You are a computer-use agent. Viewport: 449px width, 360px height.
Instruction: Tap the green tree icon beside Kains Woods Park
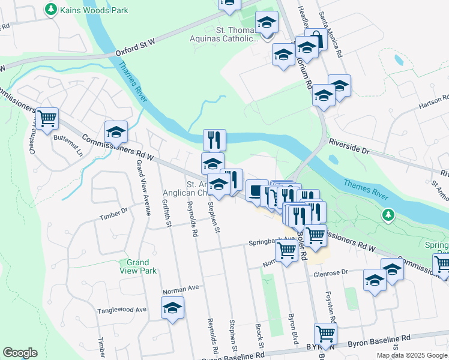[x=51, y=10]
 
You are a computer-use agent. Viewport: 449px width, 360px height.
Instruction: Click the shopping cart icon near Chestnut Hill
[x=47, y=118]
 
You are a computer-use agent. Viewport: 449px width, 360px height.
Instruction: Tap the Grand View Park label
[x=137, y=266]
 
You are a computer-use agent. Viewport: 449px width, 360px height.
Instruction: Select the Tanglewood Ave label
[x=122, y=310]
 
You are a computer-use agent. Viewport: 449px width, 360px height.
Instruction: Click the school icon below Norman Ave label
[x=173, y=308]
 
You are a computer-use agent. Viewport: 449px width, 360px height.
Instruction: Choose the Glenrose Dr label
[x=330, y=272]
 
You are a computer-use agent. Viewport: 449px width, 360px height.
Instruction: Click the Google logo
[x=20, y=352]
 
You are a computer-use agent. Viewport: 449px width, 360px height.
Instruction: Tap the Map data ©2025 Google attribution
[x=412, y=355]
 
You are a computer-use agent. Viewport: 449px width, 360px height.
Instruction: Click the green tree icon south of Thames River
[x=388, y=214]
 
